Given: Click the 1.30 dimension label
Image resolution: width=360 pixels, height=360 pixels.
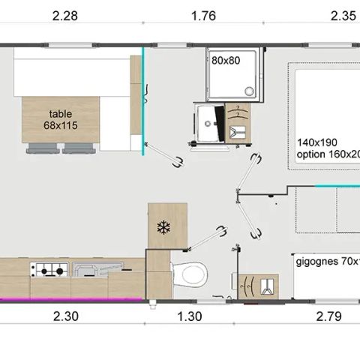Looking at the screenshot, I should click(190, 317).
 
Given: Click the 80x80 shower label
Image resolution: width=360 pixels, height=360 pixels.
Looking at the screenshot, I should click(225, 60).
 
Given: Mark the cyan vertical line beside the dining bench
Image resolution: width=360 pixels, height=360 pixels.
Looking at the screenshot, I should click(143, 101).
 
